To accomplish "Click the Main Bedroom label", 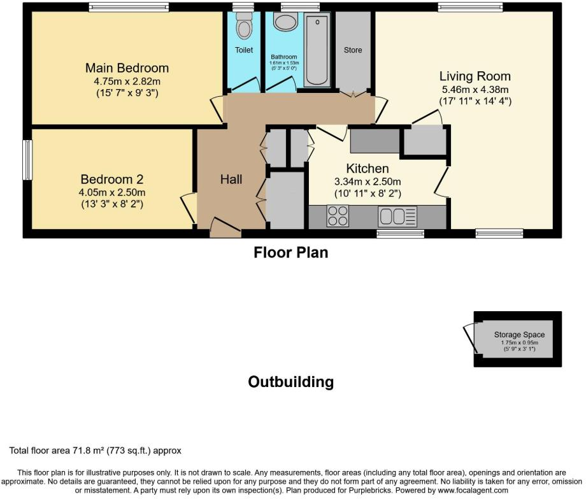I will (x=127, y=68).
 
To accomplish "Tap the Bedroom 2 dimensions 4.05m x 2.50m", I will (x=113, y=193).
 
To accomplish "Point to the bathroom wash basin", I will (x=284, y=22).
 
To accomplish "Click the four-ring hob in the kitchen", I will (x=338, y=216).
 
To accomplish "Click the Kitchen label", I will (x=368, y=169).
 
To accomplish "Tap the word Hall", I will (x=231, y=179).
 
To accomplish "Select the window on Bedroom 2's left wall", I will (x=27, y=159).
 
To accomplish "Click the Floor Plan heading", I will (x=291, y=253).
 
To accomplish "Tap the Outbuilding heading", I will (x=290, y=382).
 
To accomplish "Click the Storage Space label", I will (x=519, y=335).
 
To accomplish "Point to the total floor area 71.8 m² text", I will (x=96, y=451).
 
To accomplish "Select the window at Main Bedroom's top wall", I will (x=129, y=8).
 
